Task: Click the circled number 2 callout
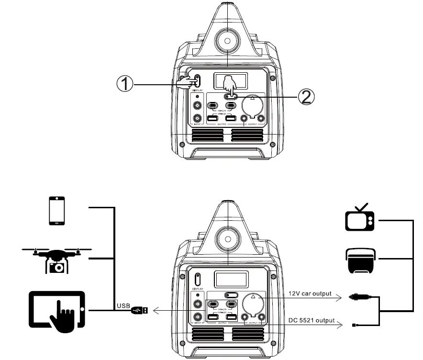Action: tap(306, 97)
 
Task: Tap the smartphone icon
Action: tap(56, 211)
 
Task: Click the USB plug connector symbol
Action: tap(140, 311)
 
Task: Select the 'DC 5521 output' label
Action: tap(312, 320)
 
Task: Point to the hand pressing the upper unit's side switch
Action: tap(185, 83)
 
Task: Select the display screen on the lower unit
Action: tap(231, 279)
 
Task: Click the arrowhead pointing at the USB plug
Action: tap(156, 311)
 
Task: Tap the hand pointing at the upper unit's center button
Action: tap(230, 85)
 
